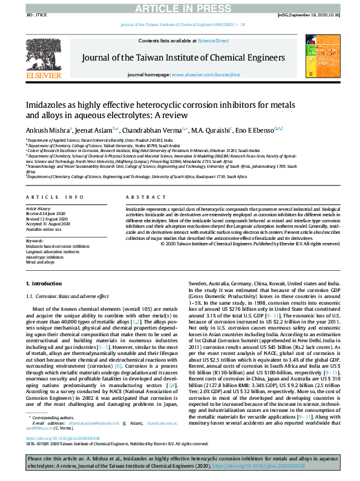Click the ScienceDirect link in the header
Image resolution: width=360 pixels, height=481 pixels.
(x=213, y=41)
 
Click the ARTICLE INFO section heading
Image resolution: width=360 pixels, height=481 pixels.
(x=55, y=197)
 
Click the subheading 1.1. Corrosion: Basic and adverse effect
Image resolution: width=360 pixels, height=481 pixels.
(x=67, y=296)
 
